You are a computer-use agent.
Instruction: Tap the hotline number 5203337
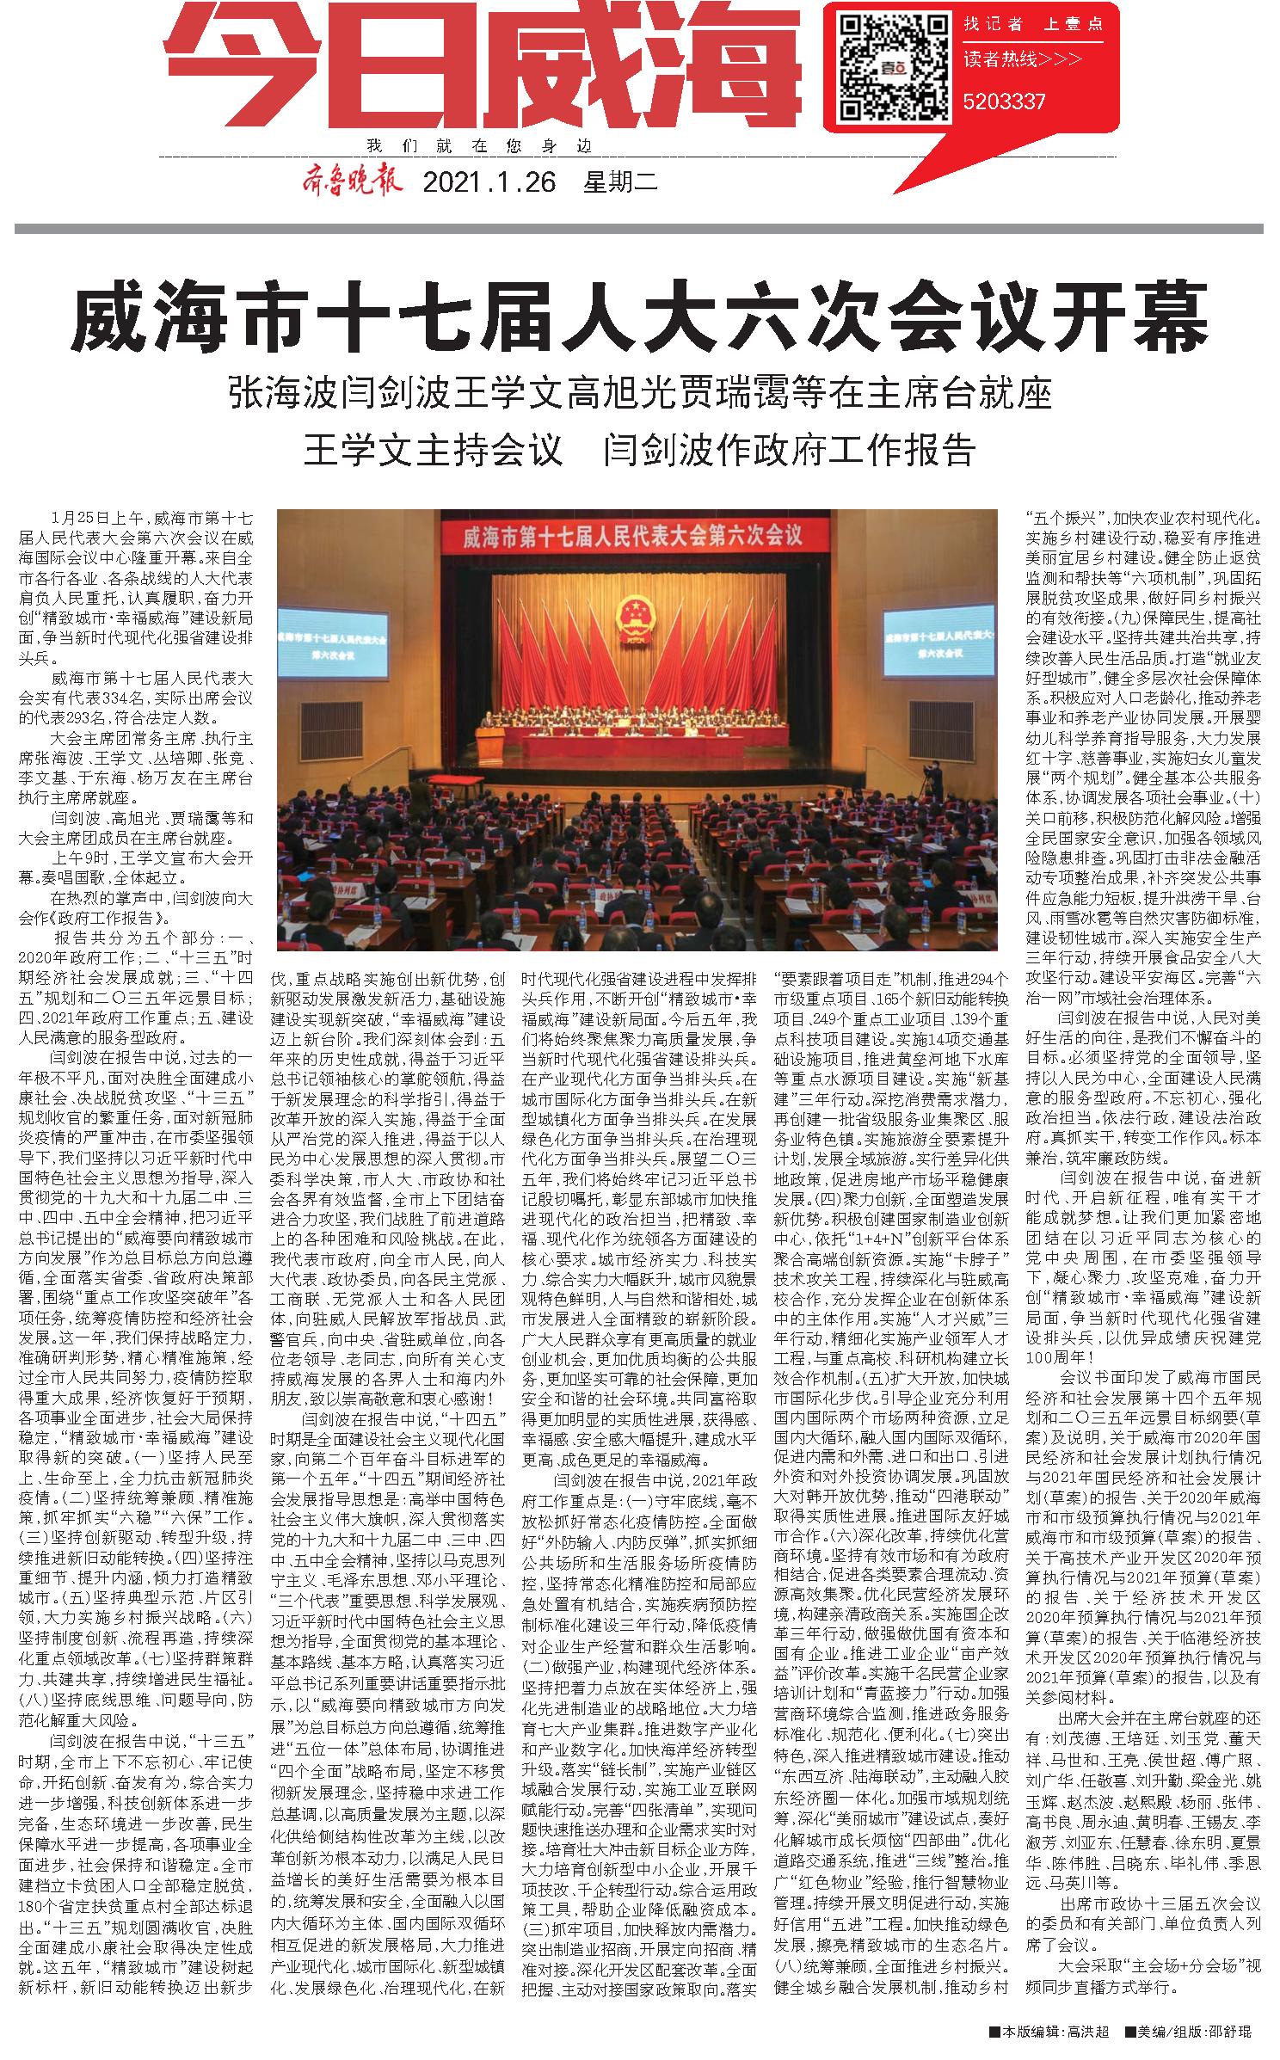[x=1005, y=102]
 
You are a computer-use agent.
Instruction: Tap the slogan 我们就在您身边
[x=479, y=145]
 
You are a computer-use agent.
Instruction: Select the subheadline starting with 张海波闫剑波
[x=639, y=395]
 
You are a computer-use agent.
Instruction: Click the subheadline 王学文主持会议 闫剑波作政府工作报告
[x=639, y=449]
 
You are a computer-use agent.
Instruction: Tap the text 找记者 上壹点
[x=1032, y=23]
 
